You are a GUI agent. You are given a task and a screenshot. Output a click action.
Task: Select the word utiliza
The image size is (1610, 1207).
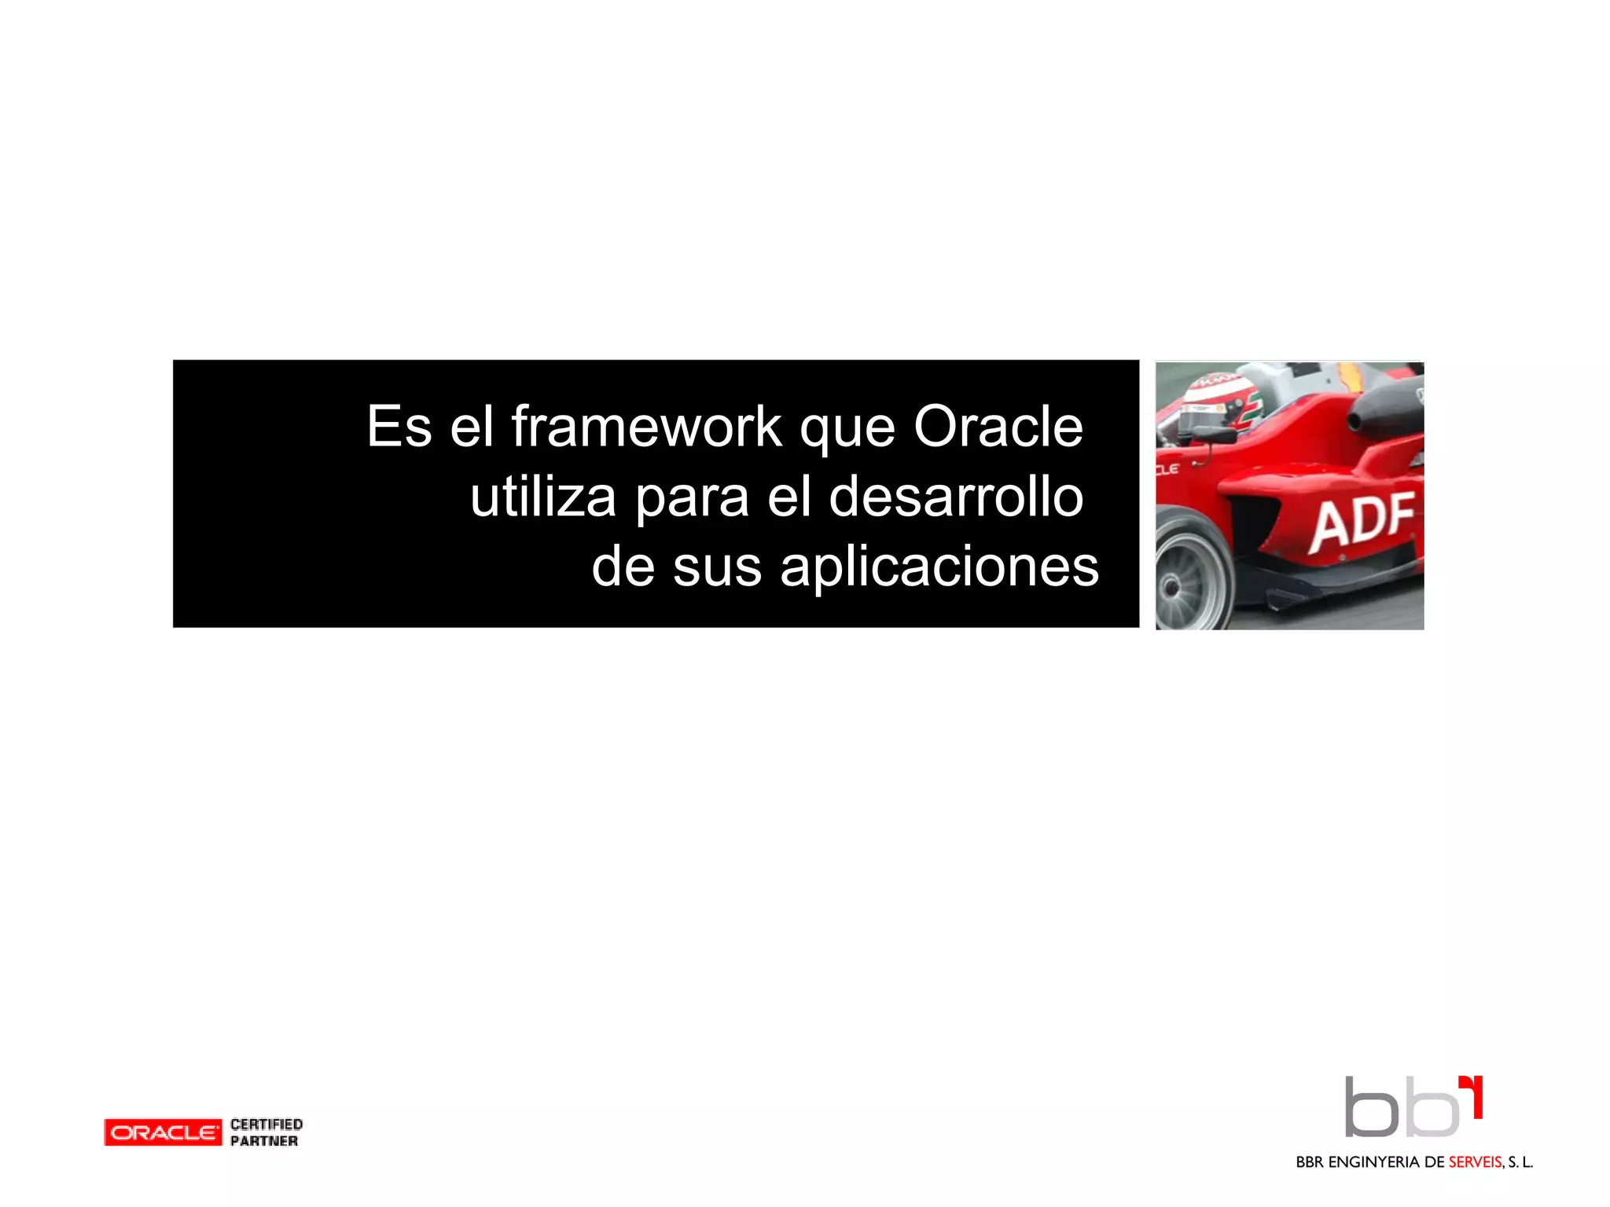pyautogui.click(x=542, y=497)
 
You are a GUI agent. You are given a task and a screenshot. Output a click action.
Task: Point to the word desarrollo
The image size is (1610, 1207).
pyautogui.click(x=956, y=497)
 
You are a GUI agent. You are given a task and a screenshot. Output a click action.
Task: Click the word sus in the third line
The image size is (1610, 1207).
pyautogui.click(x=717, y=567)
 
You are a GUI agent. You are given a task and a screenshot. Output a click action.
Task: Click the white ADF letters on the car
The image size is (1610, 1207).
pyautogui.click(x=1362, y=520)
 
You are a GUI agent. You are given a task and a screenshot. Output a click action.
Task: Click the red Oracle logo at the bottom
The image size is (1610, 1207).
pyautogui.click(x=163, y=1132)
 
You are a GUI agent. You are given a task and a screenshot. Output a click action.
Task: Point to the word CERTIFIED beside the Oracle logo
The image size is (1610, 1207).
pyautogui.click(x=266, y=1124)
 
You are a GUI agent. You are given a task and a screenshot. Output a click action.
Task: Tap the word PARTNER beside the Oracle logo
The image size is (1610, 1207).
pyautogui.click(x=264, y=1141)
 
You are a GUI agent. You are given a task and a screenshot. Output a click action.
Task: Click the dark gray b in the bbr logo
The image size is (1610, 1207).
pyautogui.click(x=1370, y=1108)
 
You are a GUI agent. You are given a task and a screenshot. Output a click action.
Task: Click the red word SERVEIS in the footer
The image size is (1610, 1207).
pyautogui.click(x=1475, y=1162)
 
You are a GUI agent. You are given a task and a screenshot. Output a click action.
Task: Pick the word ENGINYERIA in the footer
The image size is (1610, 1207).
pyautogui.click(x=1373, y=1162)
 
